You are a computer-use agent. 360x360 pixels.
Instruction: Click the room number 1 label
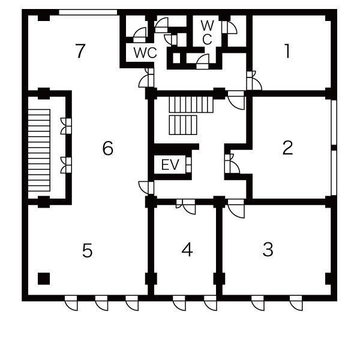pos(287,51)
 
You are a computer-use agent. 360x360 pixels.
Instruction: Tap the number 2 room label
pos(287,148)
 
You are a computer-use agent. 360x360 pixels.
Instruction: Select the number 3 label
pos(268,250)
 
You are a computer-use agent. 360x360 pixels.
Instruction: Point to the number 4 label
pos(187,250)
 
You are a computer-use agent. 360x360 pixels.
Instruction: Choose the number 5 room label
pos(87,250)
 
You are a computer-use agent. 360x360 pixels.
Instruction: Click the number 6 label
pos(107,148)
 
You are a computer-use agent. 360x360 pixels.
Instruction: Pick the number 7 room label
pos(80,51)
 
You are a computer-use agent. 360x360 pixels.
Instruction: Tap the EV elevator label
pos(170,164)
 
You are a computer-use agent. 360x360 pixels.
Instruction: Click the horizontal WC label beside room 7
pos(145,53)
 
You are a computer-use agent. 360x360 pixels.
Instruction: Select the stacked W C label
pos(208,32)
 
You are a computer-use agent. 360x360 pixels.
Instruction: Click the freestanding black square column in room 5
pos(44,278)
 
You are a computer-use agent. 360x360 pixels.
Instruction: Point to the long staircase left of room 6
pos(39,150)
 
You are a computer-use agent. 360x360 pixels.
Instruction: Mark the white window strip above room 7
pos(88,12)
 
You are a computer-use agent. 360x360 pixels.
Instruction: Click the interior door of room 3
pos(236,208)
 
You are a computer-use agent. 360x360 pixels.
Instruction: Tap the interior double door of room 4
pos(186,206)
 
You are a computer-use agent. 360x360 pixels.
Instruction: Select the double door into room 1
pos(254,80)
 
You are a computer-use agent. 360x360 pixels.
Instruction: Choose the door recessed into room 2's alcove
pos(232,163)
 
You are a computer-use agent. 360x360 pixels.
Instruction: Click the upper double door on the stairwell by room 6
pos(66,126)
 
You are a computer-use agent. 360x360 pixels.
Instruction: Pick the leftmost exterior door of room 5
pos(71,303)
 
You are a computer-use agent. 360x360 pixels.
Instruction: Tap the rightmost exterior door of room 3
pos(296,303)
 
